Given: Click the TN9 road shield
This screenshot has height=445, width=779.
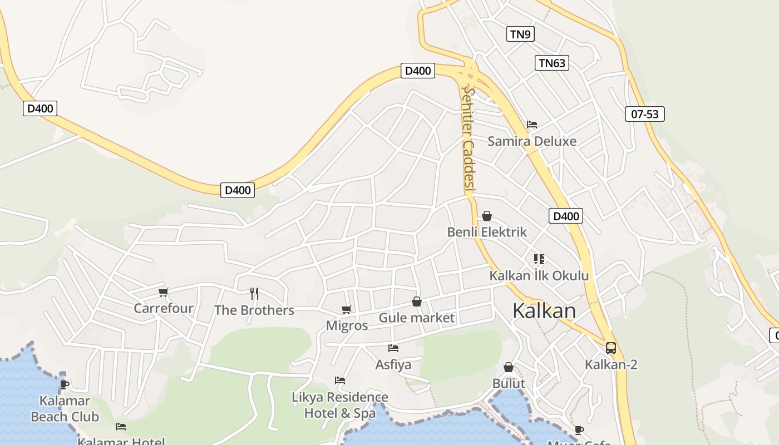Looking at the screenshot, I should (520, 34).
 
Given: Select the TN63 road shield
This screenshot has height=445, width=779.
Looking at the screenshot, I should (552, 63).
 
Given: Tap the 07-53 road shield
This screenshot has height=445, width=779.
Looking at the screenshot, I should (645, 114).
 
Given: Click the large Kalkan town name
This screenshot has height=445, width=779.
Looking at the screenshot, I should (544, 310).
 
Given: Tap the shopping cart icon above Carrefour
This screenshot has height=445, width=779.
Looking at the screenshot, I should (163, 292).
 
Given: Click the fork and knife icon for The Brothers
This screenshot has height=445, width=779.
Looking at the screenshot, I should (254, 293).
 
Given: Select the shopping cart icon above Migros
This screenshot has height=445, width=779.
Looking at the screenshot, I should (347, 309).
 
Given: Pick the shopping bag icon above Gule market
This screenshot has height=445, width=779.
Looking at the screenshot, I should (416, 301).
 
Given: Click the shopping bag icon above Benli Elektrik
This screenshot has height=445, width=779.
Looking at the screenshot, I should (487, 215).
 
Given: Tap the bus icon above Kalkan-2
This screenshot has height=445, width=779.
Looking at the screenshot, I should (610, 348).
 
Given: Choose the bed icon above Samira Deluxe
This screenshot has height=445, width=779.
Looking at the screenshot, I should (532, 125).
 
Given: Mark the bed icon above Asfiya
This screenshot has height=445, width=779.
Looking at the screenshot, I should (393, 348).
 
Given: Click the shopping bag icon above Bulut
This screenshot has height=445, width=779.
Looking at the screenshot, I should (509, 367).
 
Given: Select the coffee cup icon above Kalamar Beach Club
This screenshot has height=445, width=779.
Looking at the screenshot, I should (65, 384).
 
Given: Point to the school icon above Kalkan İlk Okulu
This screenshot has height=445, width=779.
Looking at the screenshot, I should (539, 259).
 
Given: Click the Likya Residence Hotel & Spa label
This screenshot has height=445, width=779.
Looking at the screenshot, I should (339, 405).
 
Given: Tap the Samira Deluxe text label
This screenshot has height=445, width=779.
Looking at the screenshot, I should (532, 141).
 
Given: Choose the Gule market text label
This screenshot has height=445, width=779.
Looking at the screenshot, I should (416, 318).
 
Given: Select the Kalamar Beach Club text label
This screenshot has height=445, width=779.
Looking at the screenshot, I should (65, 408).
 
